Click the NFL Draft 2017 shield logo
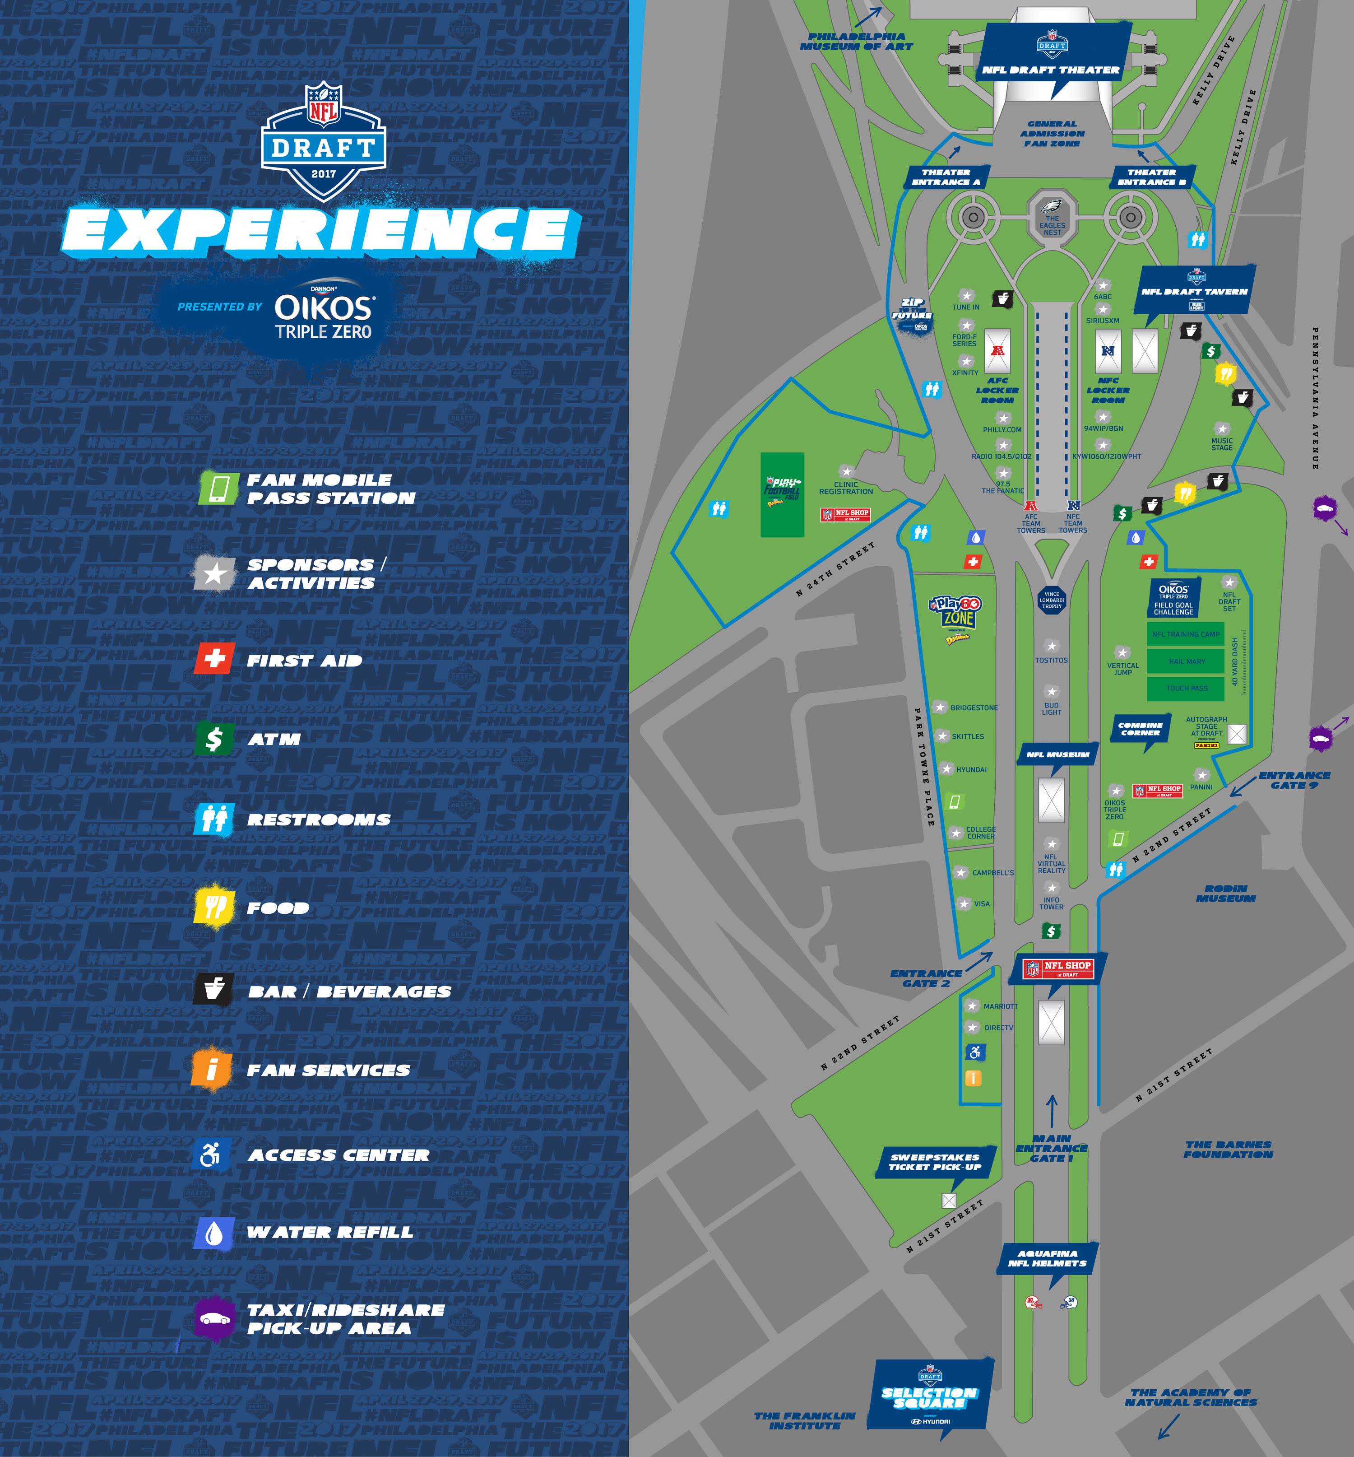pyautogui.click(x=323, y=141)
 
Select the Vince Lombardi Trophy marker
pyautogui.click(x=1052, y=600)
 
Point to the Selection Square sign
pyautogui.click(x=929, y=1398)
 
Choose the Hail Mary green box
pyautogui.click(x=1187, y=661)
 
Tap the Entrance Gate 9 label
pyautogui.click(x=1294, y=780)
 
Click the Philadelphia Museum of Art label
pyautogui.click(x=857, y=41)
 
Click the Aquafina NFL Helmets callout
pyautogui.click(x=1047, y=1257)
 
